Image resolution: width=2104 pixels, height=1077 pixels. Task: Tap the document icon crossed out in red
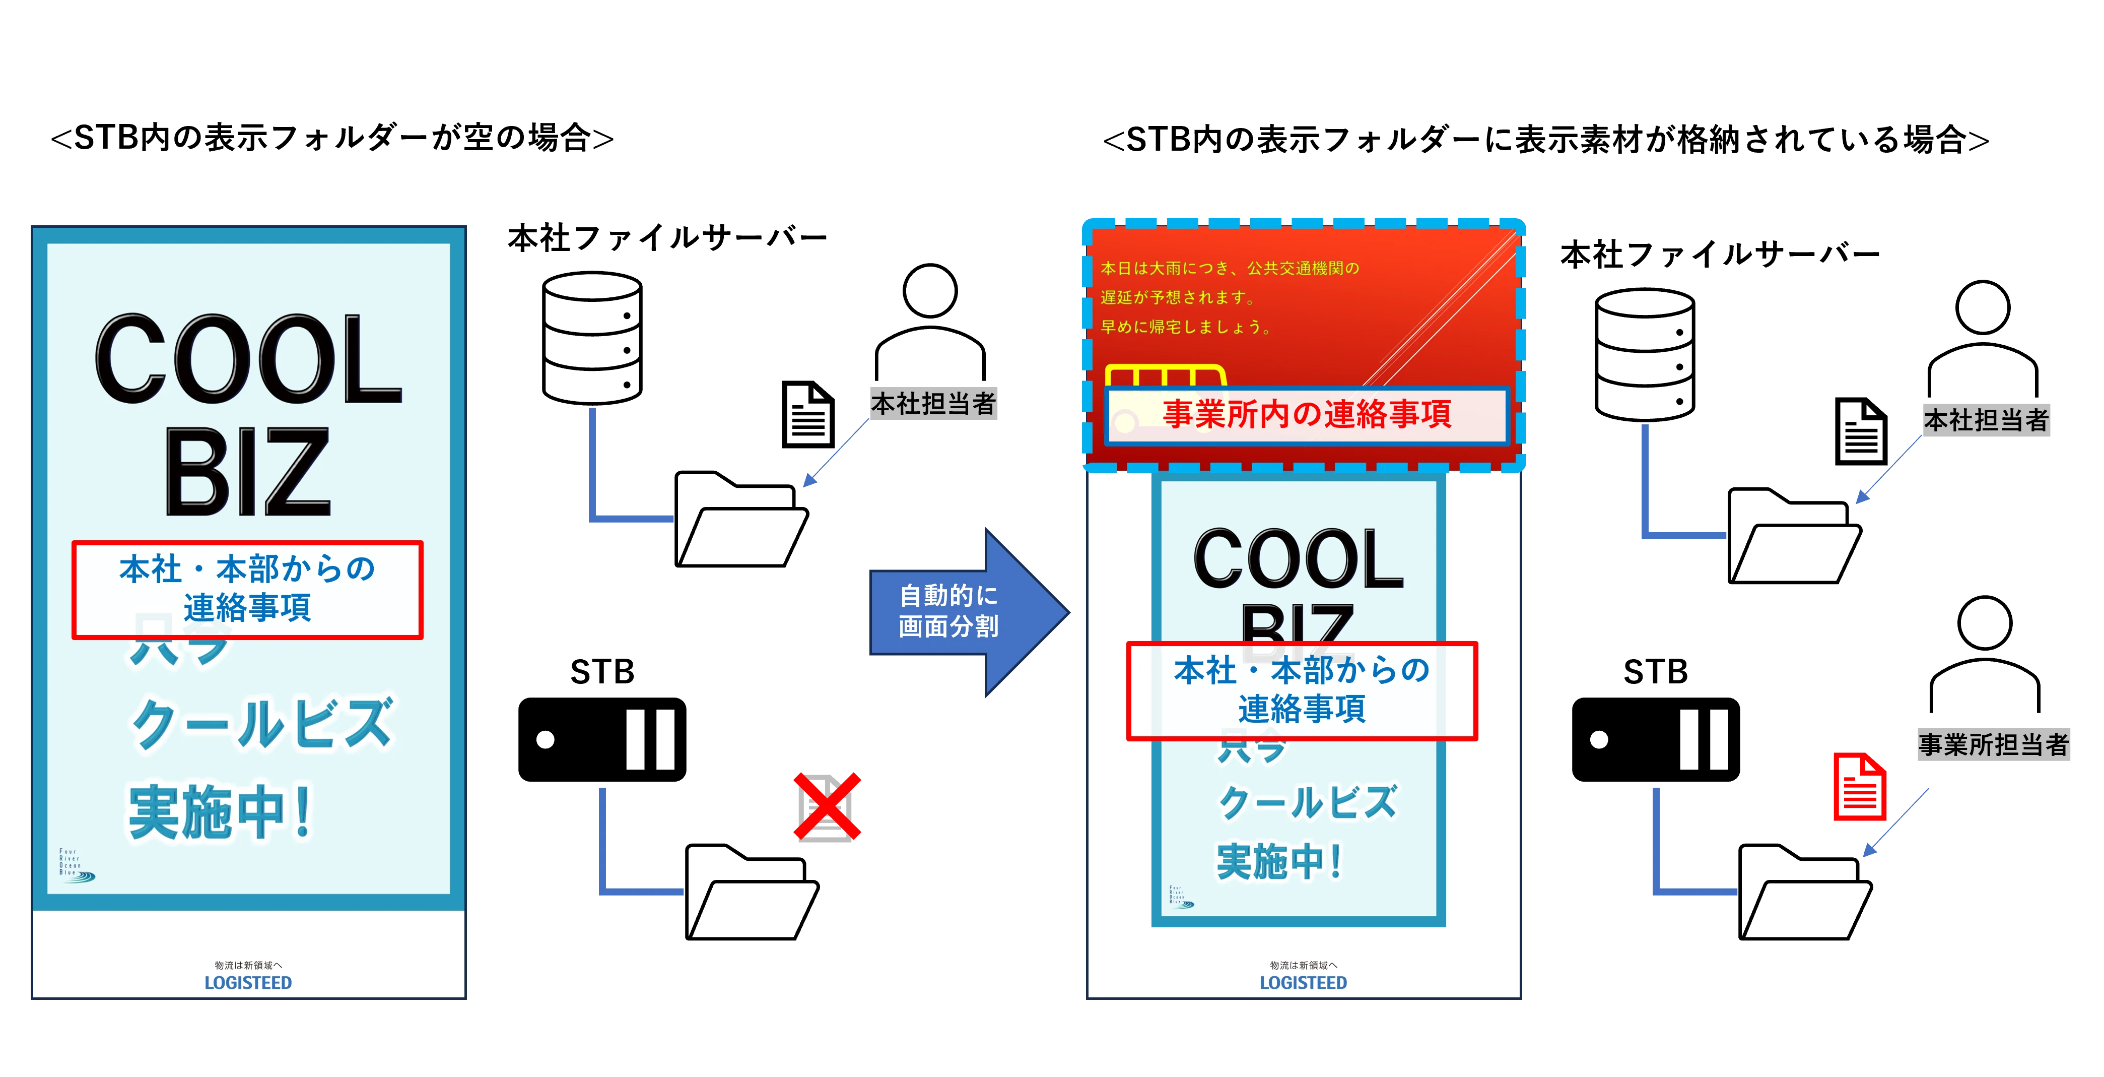[x=827, y=806]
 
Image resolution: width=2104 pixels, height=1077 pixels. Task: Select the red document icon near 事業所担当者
[x=1860, y=786]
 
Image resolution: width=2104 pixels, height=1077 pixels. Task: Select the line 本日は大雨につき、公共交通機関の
[x=1229, y=268]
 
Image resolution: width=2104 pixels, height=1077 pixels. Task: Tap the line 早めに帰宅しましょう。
[x=1185, y=327]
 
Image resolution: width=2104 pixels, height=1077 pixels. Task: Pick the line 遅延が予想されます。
[x=1177, y=297]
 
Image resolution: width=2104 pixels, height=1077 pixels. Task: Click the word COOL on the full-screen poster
[x=247, y=359]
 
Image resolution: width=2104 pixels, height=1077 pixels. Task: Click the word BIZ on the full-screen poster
[x=247, y=472]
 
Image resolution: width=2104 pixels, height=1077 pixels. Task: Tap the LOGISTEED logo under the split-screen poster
[x=1303, y=983]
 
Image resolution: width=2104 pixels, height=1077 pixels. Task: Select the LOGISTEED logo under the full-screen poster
[x=247, y=983]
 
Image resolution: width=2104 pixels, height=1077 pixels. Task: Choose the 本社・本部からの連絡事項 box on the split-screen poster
[x=1302, y=690]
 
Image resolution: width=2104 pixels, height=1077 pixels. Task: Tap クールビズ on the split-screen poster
[x=1307, y=802]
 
